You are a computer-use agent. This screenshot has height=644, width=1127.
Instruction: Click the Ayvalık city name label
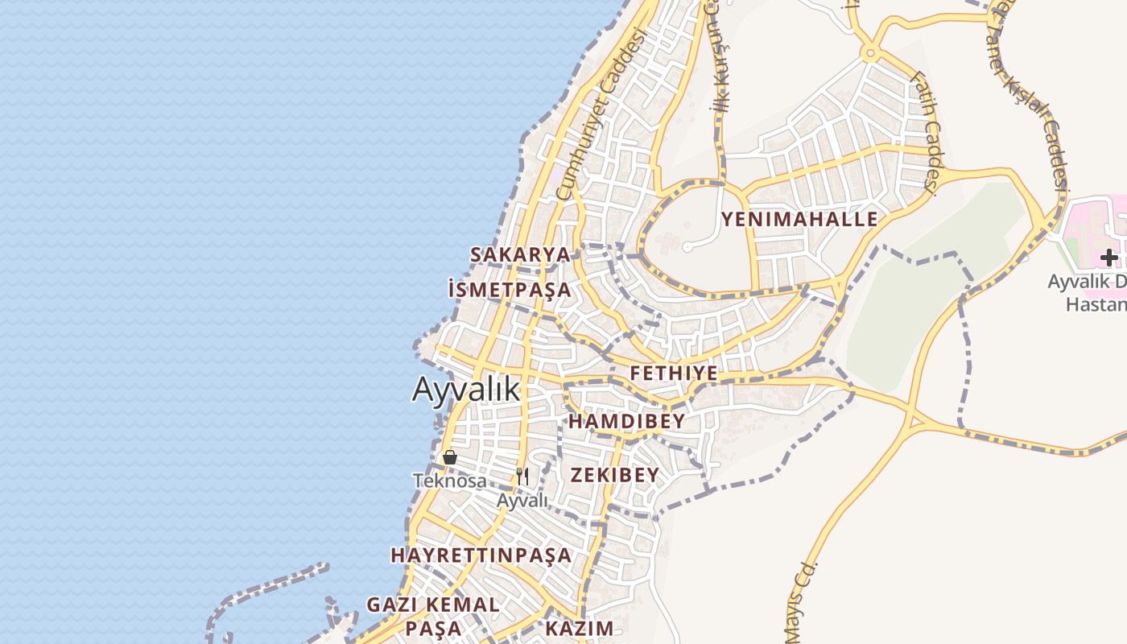(x=466, y=390)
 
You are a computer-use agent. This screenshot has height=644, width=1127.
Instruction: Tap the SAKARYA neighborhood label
(x=520, y=254)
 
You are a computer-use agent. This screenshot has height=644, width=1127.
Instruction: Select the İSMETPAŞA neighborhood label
(x=509, y=290)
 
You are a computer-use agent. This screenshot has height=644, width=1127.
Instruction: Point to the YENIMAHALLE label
(x=799, y=219)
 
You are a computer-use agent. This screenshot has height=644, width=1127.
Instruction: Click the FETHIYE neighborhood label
(x=674, y=374)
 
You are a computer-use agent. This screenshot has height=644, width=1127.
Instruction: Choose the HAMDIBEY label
(x=627, y=421)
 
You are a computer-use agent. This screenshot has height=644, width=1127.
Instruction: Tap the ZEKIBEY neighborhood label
(x=615, y=475)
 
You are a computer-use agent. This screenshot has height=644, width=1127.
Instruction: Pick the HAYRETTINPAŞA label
(x=481, y=555)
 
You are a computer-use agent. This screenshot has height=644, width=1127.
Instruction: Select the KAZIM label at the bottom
(x=580, y=628)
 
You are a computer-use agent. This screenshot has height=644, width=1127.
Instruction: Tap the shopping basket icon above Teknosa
(x=450, y=457)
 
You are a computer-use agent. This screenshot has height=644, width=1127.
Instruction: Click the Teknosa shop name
(x=449, y=481)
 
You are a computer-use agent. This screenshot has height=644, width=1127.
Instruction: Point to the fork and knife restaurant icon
(x=522, y=477)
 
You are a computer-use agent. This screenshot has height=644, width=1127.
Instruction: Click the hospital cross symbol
(x=1109, y=258)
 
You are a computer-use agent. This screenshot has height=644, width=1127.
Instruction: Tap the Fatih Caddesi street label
(x=923, y=133)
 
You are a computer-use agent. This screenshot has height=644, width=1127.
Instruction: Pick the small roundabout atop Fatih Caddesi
(x=869, y=55)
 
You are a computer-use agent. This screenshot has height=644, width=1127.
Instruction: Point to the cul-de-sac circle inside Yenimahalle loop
(x=687, y=247)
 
